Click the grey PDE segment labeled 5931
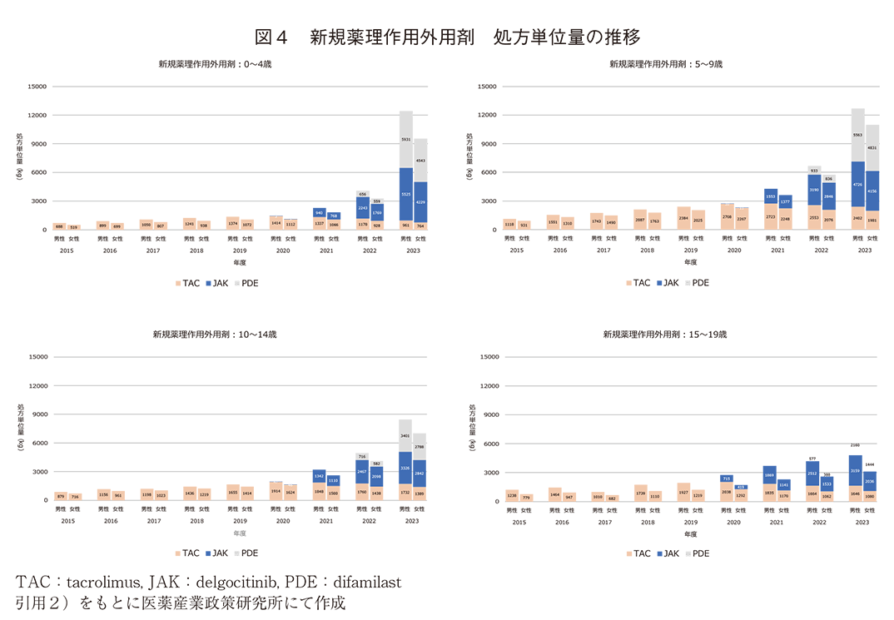pos(405,139)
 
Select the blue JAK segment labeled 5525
pos(405,194)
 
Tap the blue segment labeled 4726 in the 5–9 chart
pos(857,184)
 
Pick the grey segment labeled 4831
pos(872,148)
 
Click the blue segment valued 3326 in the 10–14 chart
pos(405,469)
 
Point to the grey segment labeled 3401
pos(405,435)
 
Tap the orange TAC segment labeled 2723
pos(771,216)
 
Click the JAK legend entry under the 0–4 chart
pos(217,283)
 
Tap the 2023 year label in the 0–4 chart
pos(413,250)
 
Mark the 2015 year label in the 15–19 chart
pos(518,522)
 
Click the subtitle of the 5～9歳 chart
pos(665,64)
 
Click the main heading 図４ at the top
pos(271,37)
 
